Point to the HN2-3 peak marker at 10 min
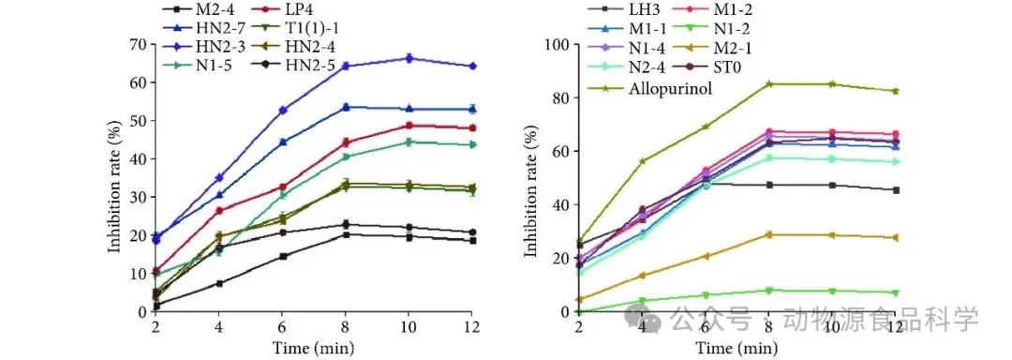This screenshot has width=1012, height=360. point(409,58)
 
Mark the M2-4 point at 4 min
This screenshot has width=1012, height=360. point(219,283)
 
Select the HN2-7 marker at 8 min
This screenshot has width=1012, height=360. point(346,107)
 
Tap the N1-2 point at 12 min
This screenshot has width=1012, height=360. point(896,292)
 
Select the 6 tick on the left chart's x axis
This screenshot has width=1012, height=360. point(283,326)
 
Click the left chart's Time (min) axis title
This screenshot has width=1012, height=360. point(313,349)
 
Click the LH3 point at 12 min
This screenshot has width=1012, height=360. point(896,189)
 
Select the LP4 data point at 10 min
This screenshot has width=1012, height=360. point(409,126)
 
